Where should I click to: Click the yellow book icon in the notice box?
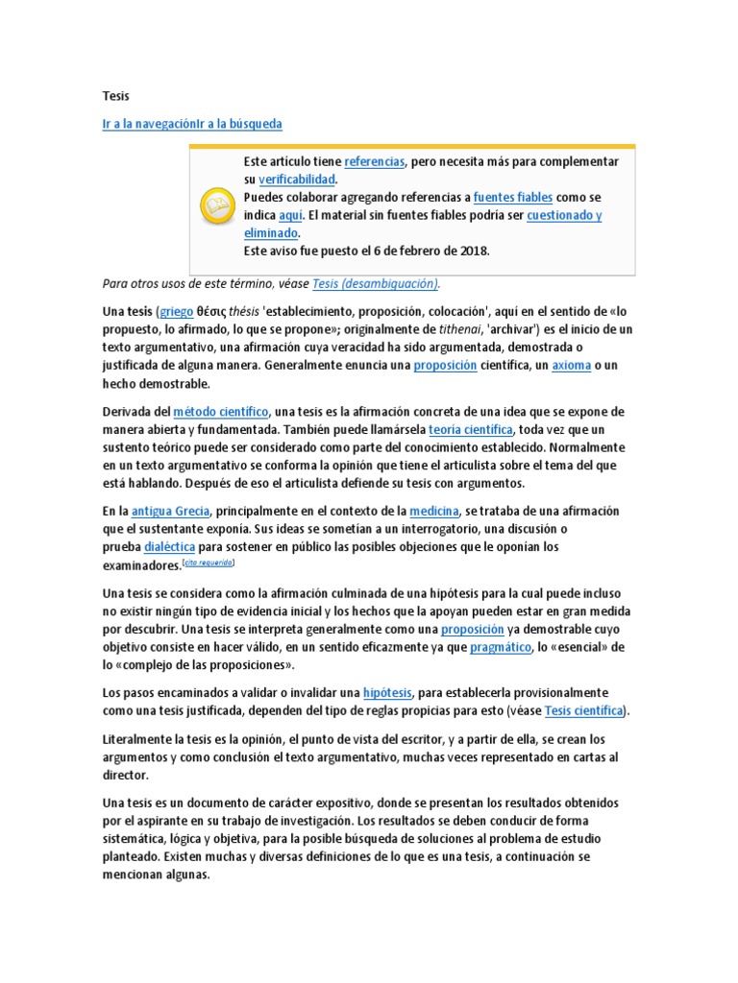coord(214,205)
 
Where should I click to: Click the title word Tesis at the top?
coord(115,97)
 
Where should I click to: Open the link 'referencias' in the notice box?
coord(375,161)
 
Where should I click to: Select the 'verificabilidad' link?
coord(297,180)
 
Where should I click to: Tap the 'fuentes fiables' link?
coord(513,197)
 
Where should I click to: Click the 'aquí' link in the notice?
coord(290,215)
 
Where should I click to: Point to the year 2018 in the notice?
coord(473,251)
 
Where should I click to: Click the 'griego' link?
coord(176,311)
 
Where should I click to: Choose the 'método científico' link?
coord(221,411)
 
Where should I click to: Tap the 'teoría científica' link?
coord(471,429)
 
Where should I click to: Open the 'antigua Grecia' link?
coord(170,511)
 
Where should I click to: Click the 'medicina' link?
coord(434,511)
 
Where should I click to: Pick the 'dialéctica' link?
coord(169,547)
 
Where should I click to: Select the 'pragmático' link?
coord(501,647)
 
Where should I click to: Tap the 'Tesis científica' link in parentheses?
coord(584,710)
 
